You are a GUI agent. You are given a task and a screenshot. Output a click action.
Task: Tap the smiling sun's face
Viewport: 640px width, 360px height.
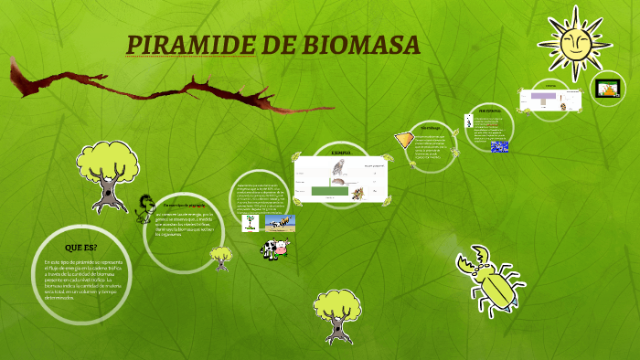(575, 41)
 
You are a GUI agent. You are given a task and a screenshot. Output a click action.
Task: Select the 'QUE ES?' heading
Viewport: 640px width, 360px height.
(80, 248)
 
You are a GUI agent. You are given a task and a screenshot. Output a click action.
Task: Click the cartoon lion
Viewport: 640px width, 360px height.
(144, 209)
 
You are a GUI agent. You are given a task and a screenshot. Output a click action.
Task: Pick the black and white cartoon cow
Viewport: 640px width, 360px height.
(275, 247)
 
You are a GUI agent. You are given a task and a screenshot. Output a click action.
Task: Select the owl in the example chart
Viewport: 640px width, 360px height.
(337, 168)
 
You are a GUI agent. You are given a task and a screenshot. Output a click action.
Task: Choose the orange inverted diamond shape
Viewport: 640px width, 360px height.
(403, 140)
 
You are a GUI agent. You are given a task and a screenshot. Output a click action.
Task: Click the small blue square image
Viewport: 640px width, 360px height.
(499, 146)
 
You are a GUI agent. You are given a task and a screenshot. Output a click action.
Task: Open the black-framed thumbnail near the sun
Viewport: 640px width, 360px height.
(607, 88)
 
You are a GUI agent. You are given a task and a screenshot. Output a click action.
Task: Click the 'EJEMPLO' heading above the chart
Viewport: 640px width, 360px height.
(341, 154)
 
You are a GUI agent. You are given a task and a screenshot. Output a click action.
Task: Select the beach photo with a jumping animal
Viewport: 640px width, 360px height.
(281, 222)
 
